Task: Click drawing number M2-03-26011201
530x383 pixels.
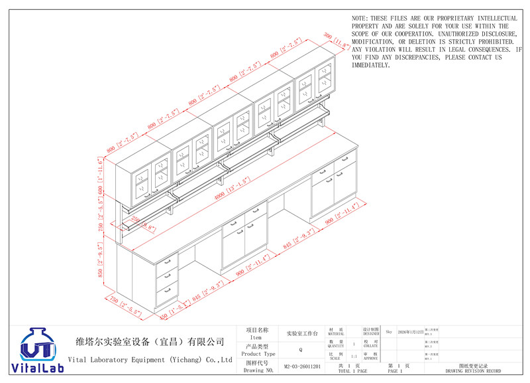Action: click(302, 366)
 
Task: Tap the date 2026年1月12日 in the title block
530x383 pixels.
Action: click(409, 331)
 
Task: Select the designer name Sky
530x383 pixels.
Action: click(389, 331)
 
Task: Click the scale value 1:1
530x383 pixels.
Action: click(354, 356)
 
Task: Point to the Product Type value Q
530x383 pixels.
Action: click(301, 349)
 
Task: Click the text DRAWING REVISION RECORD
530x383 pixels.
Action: click(473, 371)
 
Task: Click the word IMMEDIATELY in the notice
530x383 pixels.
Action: click(370, 66)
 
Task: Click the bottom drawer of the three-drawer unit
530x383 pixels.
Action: click(168, 288)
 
